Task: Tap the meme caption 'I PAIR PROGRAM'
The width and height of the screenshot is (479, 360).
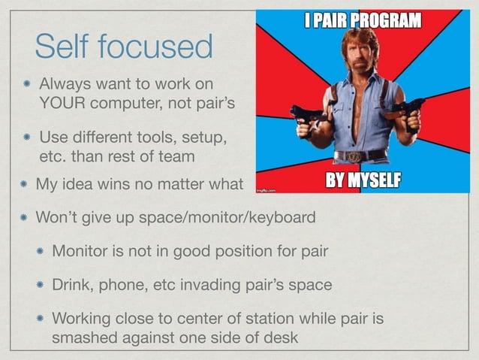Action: (362, 20)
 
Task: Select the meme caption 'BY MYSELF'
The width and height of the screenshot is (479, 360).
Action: (362, 180)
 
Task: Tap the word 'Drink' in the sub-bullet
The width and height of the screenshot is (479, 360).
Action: (71, 285)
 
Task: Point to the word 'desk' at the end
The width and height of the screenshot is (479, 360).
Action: (282, 337)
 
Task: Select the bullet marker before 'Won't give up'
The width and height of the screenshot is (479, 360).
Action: (24, 217)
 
